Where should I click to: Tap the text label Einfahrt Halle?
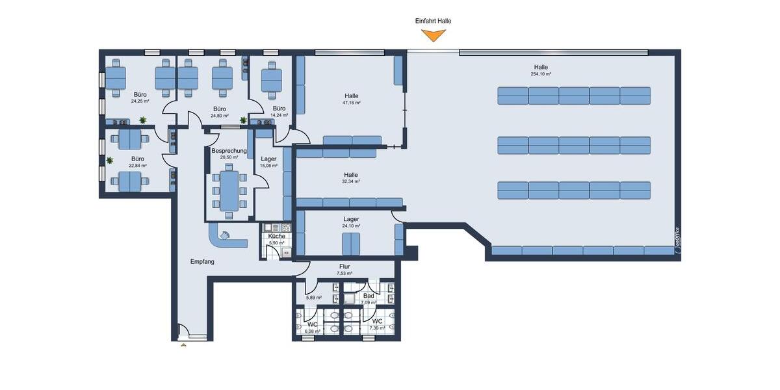[x=433, y=21]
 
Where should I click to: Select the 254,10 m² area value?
[x=541, y=74]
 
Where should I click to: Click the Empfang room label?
[x=202, y=261]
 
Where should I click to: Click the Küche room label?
[x=277, y=236]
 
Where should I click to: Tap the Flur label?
[x=344, y=266]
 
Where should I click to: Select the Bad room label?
[x=369, y=296]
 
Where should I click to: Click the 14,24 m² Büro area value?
[x=279, y=116]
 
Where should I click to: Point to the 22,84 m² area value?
[x=138, y=166]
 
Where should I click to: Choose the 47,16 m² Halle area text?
[x=352, y=103]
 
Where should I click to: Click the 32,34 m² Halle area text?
[x=352, y=181]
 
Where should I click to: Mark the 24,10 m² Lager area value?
[x=351, y=226]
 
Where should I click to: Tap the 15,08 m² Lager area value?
[x=268, y=166]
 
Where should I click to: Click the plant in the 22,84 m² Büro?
[x=110, y=160]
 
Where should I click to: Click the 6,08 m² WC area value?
[x=313, y=330]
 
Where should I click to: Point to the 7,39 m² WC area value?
[x=377, y=328]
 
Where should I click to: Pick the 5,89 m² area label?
[x=315, y=298]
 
